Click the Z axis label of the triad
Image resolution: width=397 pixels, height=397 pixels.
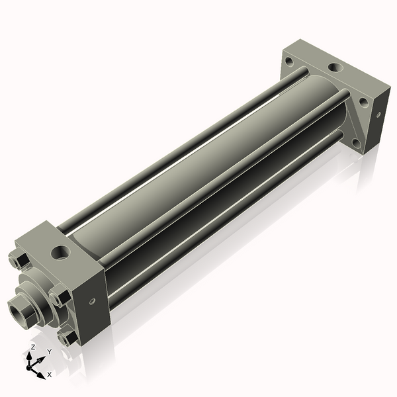pos(33,347)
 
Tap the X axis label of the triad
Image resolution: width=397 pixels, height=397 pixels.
pos(50,375)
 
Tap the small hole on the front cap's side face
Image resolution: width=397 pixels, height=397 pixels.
pos(92,301)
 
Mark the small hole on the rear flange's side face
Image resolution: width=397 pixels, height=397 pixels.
pos(378,114)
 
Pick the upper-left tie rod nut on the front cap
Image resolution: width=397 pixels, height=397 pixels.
pos(19,260)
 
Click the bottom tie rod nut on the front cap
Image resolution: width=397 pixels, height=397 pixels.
pos(67,337)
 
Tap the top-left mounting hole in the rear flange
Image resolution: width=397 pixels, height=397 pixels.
pos(288,62)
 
